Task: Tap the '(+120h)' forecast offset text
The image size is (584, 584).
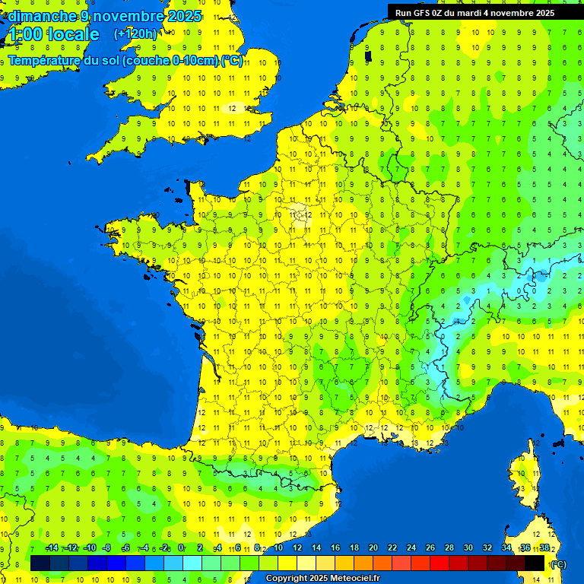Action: (135, 33)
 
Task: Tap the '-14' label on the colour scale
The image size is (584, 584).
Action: (52, 547)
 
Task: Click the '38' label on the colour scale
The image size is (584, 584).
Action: (544, 547)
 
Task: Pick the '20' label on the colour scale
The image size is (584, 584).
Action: (373, 547)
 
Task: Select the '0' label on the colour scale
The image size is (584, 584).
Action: (181, 547)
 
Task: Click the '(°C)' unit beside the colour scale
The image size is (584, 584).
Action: (558, 564)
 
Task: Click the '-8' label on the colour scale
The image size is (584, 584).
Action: (107, 547)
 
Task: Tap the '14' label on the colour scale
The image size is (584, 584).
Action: (316, 547)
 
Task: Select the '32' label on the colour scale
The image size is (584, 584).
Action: (487, 547)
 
